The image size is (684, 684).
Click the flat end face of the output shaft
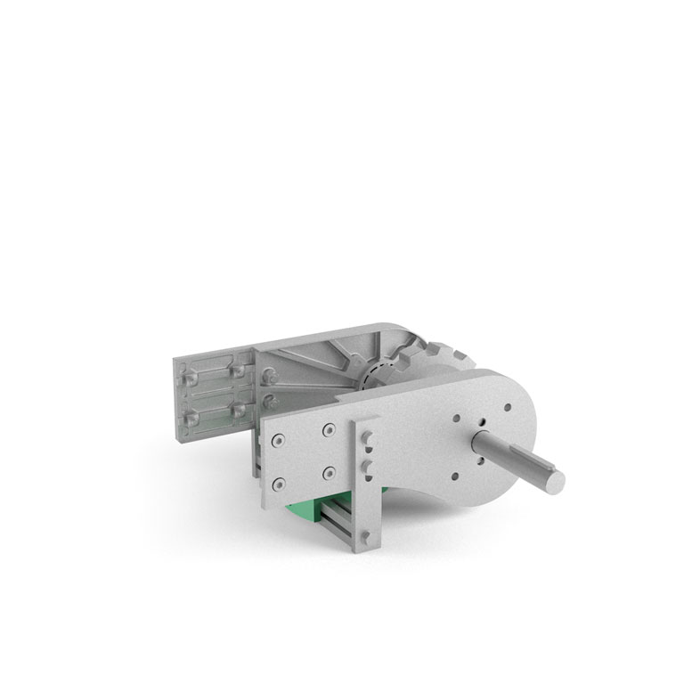coord(554,480)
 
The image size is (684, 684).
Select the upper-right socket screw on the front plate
coord(330,430)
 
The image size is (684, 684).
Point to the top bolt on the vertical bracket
coord(366,437)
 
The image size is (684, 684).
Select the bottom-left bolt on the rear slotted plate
coord(189,416)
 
